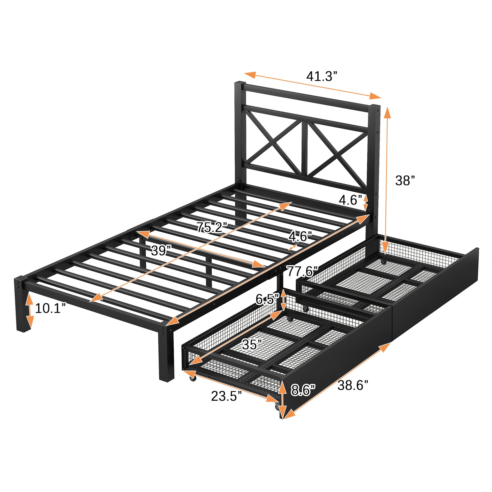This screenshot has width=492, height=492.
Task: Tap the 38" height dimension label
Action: [405, 181]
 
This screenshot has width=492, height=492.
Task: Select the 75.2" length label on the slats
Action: [212, 227]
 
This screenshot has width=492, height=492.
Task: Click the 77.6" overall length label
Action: [302, 272]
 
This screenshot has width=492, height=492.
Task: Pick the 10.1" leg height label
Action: [50, 308]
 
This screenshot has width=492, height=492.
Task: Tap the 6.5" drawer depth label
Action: [267, 299]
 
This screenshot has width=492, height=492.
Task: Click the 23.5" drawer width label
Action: [226, 396]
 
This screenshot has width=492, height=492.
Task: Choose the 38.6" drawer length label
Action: [353, 386]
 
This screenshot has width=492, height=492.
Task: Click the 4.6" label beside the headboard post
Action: [350, 200]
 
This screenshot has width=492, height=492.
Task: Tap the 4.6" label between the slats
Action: [300, 237]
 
